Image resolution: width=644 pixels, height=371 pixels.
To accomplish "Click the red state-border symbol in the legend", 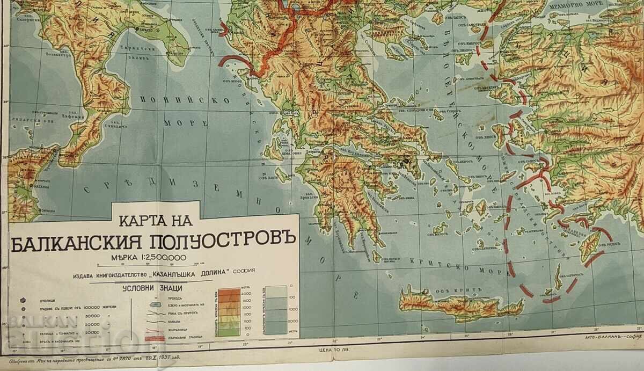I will [x=155, y=340].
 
